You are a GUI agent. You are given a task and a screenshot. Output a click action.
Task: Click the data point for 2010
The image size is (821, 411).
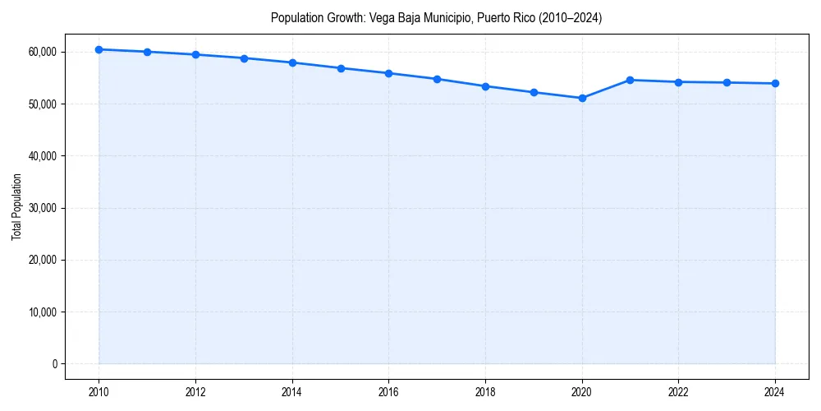tap(99, 49)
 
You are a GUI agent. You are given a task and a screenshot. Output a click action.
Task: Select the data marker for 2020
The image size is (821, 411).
tap(582, 98)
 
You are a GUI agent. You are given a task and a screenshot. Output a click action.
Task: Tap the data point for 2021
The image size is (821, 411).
tap(631, 80)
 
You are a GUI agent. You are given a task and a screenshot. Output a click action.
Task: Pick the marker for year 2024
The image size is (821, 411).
tap(775, 83)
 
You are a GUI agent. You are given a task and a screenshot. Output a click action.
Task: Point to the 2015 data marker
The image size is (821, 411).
tap(341, 68)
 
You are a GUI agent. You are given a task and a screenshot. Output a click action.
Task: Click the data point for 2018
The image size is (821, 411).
tap(485, 86)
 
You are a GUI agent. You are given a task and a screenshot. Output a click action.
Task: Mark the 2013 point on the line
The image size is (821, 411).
tap(244, 58)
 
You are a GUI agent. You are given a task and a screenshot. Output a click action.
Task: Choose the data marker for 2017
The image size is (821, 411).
tap(437, 79)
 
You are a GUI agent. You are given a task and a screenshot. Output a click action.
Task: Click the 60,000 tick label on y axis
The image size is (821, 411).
tap(41, 52)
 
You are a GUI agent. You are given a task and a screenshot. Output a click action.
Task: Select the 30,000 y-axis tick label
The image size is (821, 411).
tap(41, 208)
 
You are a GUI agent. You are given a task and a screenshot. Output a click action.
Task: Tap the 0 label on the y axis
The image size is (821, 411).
tap(53, 364)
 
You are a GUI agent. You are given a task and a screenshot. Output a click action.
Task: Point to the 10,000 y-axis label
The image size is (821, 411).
tap(41, 312)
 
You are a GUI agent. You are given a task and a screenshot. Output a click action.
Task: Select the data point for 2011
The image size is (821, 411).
tap(147, 52)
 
